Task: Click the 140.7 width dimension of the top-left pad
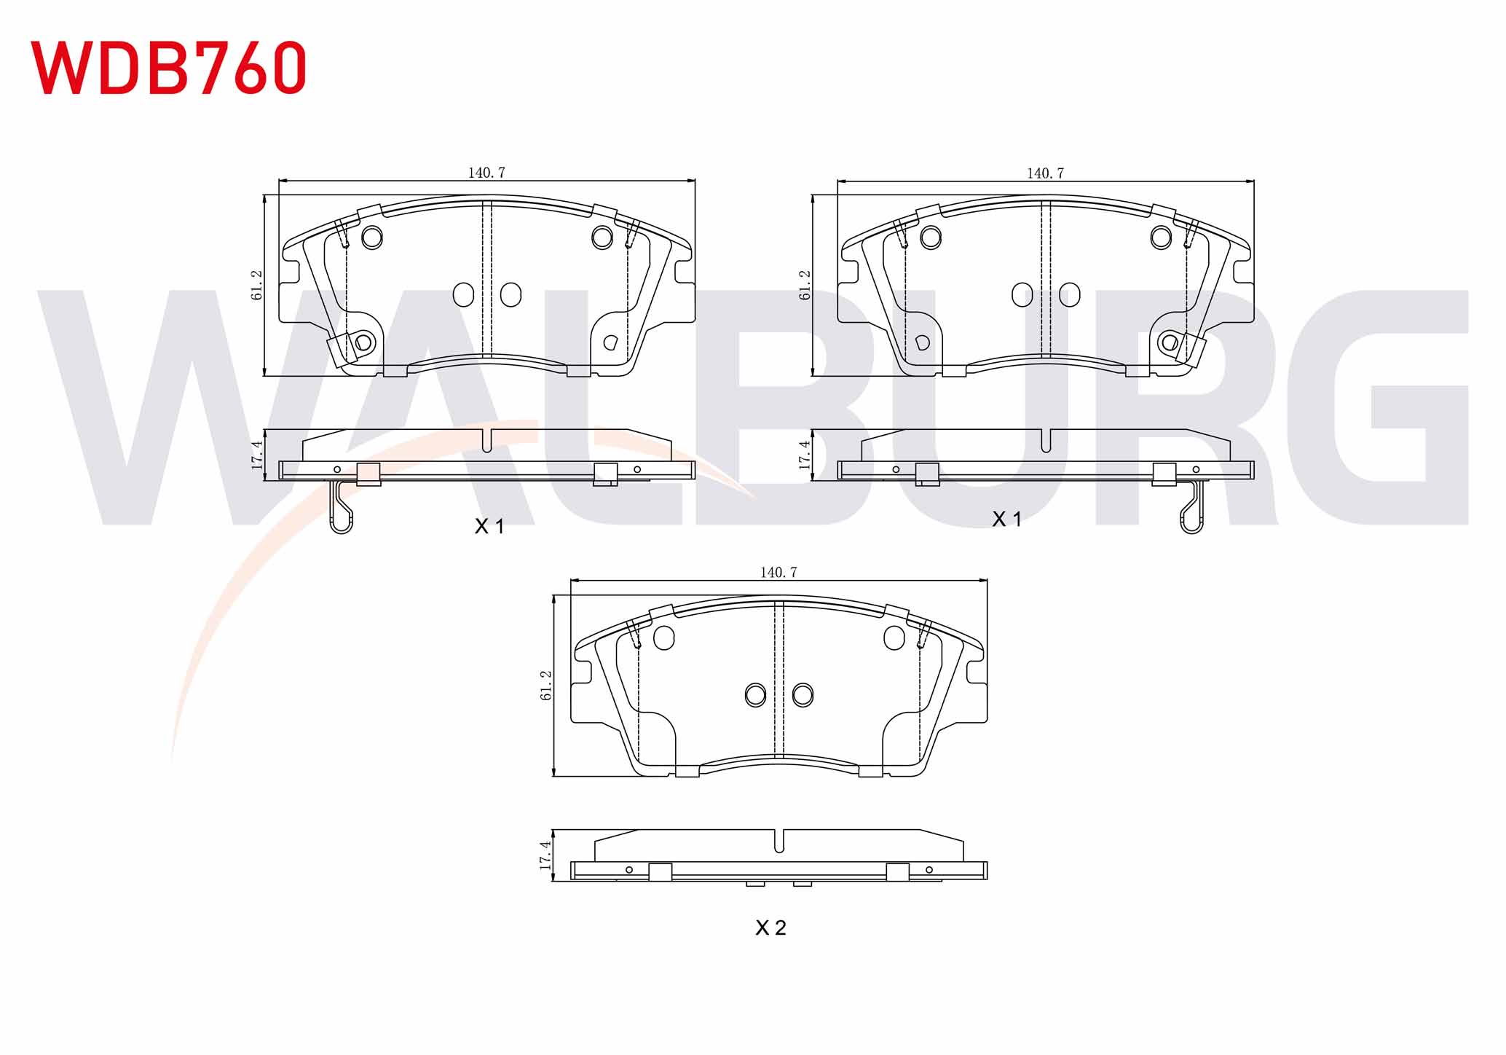click(486, 173)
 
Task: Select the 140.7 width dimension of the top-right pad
click(1045, 173)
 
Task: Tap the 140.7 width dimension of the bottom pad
click(778, 572)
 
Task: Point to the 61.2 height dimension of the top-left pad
click(257, 285)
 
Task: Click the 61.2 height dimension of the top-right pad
click(805, 285)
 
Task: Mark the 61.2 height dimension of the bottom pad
click(547, 685)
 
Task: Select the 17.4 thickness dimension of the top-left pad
click(257, 455)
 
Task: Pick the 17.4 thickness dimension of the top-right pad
click(805, 455)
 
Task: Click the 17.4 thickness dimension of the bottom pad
click(545, 855)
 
